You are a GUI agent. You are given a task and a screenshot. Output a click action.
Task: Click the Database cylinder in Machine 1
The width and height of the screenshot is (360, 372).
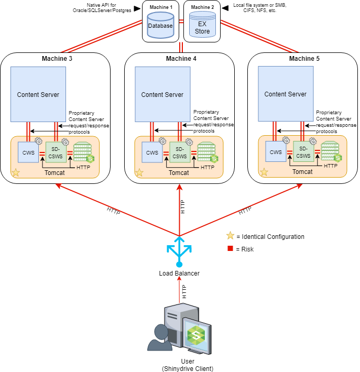[x=160, y=25]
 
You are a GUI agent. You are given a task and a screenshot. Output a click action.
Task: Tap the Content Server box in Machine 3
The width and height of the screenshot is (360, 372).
[x=38, y=95]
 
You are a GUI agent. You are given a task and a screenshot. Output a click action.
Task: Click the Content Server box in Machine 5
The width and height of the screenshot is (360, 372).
[x=286, y=94]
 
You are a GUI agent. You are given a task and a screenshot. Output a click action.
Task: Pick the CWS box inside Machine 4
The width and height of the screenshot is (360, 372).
[x=152, y=153]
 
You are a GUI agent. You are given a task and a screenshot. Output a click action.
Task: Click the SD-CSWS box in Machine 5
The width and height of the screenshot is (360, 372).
[x=303, y=152]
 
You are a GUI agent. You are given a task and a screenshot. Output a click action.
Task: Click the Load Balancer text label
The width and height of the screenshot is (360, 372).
[x=179, y=273]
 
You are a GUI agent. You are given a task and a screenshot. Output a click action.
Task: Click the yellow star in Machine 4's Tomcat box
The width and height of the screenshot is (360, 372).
[x=139, y=171]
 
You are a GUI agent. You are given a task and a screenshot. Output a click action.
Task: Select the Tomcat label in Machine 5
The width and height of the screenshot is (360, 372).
[x=302, y=171]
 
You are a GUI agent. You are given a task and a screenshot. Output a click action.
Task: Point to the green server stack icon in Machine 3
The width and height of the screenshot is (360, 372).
[x=83, y=152]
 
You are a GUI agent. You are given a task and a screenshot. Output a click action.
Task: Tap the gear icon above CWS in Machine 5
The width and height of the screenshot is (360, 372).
[x=286, y=140]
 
